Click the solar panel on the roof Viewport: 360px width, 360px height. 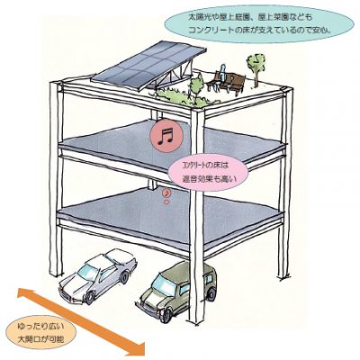(x=146, y=65)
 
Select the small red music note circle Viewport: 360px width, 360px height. (x=167, y=192)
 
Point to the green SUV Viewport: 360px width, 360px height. (x=176, y=290)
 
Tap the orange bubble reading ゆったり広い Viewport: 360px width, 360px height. (x=42, y=333)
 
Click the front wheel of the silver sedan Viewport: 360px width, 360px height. (x=90, y=296)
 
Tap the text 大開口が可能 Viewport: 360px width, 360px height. (x=41, y=339)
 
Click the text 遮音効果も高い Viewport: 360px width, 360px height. (x=210, y=179)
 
